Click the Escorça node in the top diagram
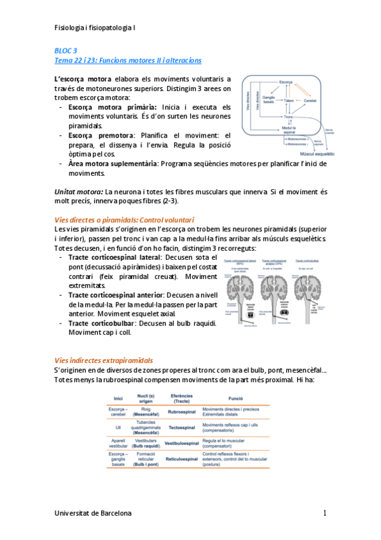[x=286, y=83]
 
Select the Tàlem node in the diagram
[x=289, y=101]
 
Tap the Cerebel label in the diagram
[x=310, y=101]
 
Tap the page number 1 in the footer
[x=324, y=513]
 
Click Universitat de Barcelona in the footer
[x=94, y=513]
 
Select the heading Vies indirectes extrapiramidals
[x=103, y=360]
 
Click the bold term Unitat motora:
[x=79, y=191]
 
